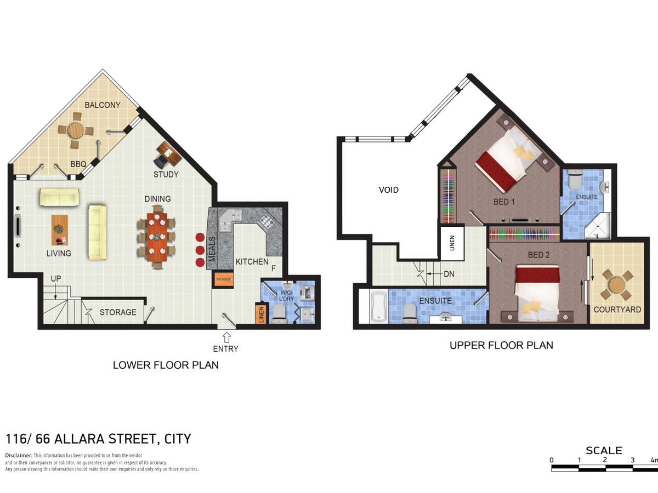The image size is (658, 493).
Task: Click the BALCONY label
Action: [103, 105]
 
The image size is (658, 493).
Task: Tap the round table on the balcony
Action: [76, 130]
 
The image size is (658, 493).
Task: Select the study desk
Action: [169, 153]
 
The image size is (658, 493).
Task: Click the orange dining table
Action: [157, 237]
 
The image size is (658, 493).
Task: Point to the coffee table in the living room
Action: [60, 230]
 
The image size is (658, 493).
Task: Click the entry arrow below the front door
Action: [226, 337]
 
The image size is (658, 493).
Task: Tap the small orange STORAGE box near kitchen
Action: [223, 279]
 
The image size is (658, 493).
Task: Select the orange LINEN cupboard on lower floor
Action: [261, 314]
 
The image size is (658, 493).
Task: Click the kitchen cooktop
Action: [265, 222]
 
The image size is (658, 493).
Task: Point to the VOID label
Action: [389, 190]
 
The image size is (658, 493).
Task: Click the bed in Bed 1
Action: [508, 159]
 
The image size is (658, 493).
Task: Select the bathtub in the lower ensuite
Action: [379, 306]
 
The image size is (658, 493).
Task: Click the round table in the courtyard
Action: [617, 284]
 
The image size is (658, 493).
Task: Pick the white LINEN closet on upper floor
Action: [452, 243]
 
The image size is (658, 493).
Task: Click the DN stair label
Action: [449, 274]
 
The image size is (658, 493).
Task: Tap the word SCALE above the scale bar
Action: [604, 450]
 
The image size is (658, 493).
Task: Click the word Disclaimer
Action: [18, 456]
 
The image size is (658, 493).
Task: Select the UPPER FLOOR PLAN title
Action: [501, 346]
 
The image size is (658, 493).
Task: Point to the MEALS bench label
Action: [212, 249]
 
